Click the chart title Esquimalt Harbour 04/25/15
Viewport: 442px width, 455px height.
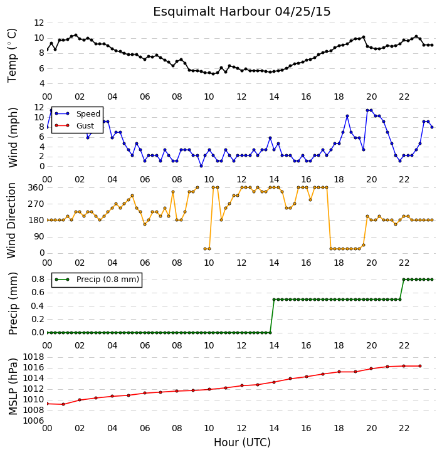pyautogui.click(x=242, y=12)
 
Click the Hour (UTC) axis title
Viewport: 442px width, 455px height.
pyautogui.click(x=242, y=442)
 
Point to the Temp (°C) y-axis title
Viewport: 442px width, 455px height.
pyautogui.click(x=12, y=55)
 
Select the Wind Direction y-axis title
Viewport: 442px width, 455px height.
pyautogui.click(x=11, y=221)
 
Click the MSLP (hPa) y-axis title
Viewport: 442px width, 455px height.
pyautogui.click(x=13, y=387)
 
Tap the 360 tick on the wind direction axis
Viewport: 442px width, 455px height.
pyautogui.click(x=36, y=187)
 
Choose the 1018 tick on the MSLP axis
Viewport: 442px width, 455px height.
pyautogui.click(x=33, y=357)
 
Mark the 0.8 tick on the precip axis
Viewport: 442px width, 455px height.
pyautogui.click(x=38, y=279)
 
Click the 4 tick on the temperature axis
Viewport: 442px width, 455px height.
pyautogui.click(x=41, y=83)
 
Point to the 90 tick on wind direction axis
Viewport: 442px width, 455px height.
pyautogui.click(x=39, y=236)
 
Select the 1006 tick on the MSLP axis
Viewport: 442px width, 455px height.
pyautogui.click(x=33, y=421)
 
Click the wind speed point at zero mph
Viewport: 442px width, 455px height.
pyautogui.click(x=201, y=166)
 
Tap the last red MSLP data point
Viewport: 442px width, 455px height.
pyautogui.click(x=420, y=366)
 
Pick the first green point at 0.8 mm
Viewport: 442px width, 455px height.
pyautogui.click(x=404, y=280)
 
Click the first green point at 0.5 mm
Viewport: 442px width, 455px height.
pyautogui.click(x=274, y=300)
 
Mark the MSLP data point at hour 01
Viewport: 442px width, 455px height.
pyautogui.click(x=63, y=404)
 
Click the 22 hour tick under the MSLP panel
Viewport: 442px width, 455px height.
pyautogui.click(x=404, y=428)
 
